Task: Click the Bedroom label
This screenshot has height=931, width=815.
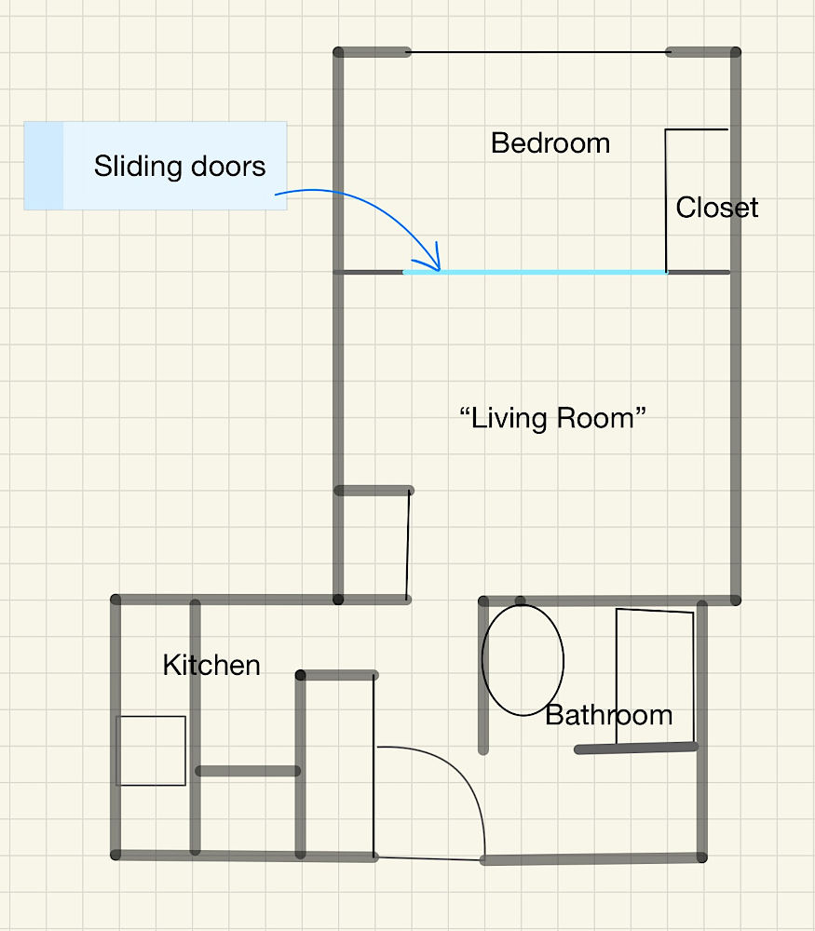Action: [550, 143]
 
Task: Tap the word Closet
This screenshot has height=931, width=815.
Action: [717, 208]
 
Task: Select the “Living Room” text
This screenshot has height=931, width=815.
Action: [552, 419]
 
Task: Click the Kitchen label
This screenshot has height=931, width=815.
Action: [211, 665]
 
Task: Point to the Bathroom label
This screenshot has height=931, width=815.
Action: [609, 715]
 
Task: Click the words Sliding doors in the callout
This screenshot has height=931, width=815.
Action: [180, 167]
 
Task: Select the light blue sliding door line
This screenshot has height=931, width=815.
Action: [535, 272]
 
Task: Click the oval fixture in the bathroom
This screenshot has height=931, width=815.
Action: [482, 660]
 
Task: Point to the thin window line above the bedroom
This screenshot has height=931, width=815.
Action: [538, 52]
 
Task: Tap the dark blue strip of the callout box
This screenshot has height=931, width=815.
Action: [44, 166]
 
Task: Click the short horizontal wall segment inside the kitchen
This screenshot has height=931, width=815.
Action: [248, 771]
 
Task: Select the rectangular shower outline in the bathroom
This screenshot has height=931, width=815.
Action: [617, 677]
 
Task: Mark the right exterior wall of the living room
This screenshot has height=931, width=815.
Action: [735, 326]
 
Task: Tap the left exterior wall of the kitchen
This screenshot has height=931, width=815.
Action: [115, 727]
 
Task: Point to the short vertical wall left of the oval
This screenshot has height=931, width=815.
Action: [482, 676]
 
